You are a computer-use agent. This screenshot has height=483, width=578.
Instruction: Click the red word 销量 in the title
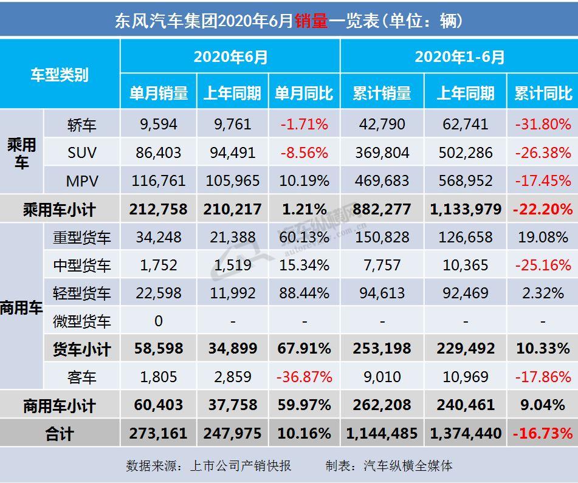[311, 21]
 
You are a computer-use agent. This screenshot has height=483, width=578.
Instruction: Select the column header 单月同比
[304, 93]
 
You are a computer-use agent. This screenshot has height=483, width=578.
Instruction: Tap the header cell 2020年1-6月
[459, 57]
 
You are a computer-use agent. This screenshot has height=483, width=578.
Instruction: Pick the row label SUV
[82, 152]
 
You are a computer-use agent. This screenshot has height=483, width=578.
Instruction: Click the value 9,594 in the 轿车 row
[159, 124]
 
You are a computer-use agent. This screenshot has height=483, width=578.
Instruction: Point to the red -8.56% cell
[304, 152]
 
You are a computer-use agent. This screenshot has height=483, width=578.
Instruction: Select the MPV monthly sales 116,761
[159, 180]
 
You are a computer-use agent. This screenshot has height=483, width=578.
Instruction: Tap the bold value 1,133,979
[466, 209]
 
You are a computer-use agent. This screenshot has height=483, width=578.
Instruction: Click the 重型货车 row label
[82, 238]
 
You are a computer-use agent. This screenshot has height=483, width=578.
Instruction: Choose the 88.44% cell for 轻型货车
[304, 293]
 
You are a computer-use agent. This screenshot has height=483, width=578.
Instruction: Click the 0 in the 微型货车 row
[159, 321]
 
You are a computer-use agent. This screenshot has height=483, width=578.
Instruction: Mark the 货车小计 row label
[82, 349]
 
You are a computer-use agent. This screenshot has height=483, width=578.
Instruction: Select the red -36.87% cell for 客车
[304, 377]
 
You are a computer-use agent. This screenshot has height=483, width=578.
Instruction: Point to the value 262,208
[382, 405]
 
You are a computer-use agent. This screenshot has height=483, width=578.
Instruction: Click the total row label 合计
[60, 434]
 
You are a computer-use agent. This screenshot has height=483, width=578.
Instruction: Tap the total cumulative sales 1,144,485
[382, 433]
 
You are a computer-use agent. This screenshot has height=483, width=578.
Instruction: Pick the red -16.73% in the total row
[543, 433]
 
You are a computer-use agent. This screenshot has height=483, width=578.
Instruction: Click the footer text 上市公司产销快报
[241, 465]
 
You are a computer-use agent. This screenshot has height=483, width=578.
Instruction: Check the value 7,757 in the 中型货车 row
[382, 265]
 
